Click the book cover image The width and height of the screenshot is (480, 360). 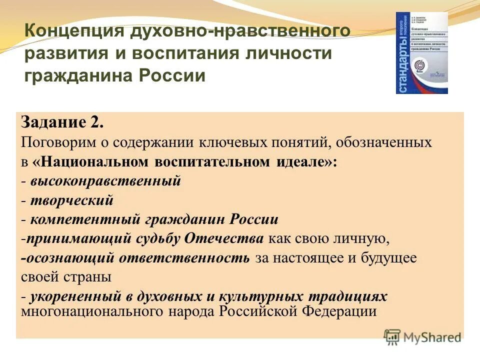[421, 53]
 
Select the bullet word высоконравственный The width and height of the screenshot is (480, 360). [104, 181]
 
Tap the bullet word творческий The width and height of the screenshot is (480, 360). [71, 200]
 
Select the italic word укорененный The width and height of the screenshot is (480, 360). [73, 296]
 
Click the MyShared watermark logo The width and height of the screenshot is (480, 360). [422, 336]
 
